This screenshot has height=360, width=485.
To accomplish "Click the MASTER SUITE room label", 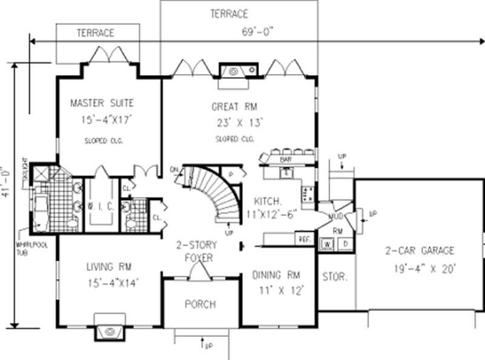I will pyautogui.click(x=101, y=102).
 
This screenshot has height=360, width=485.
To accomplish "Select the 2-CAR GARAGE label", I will pyautogui.click(x=419, y=250).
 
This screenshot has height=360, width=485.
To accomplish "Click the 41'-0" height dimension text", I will pyautogui.click(x=6, y=182).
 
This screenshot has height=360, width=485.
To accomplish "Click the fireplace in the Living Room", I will pyautogui.click(x=110, y=330).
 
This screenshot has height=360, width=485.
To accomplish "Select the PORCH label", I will pyautogui.click(x=200, y=304).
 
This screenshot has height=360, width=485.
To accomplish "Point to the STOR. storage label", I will pyautogui.click(x=334, y=277).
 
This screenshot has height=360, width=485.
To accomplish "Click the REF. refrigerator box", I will pyautogui.click(x=304, y=239).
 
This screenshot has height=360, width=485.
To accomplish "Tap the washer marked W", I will pyautogui.click(x=326, y=244).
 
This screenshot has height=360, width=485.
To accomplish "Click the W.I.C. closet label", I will pyautogui.click(x=99, y=206).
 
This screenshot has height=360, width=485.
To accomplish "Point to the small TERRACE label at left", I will pyautogui.click(x=95, y=33).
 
